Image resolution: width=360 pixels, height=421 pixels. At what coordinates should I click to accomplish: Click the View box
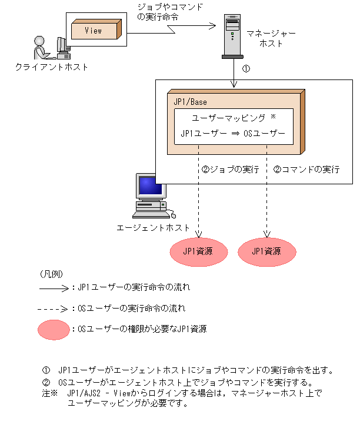94,31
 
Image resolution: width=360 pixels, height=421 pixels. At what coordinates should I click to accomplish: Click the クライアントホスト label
52,67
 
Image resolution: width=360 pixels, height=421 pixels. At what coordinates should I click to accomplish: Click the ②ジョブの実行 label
230,170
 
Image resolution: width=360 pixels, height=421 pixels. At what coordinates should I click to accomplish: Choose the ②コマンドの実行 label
306,170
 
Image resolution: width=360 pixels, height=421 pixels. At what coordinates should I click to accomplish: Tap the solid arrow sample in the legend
54,289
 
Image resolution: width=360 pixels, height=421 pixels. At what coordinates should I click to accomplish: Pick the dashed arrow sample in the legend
54,308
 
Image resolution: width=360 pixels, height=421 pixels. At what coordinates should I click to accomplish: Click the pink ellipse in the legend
54,329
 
